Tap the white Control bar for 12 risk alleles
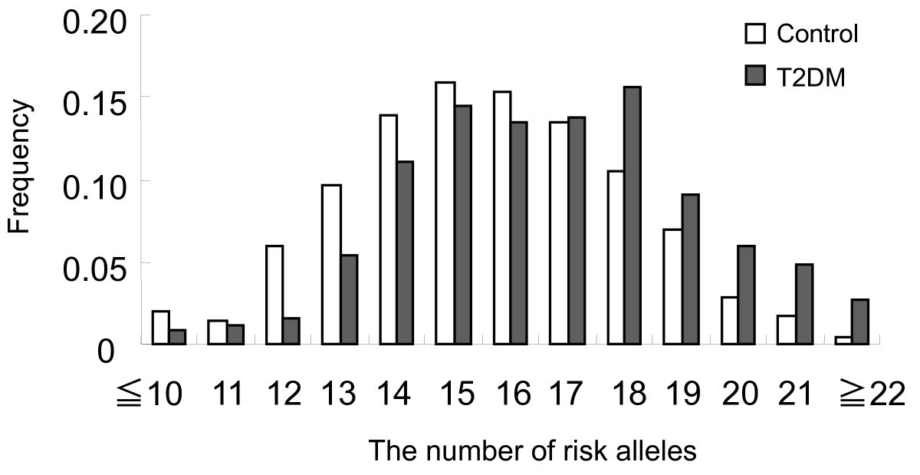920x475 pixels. pos(274,295)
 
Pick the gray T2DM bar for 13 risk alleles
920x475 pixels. pos(349,300)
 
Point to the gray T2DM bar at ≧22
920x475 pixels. pos(860,322)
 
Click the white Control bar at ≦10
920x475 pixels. pos(161,328)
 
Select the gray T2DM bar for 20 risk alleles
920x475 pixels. pos(747,295)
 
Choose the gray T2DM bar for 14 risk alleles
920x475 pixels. pos(406,253)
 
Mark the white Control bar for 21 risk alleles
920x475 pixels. pos(787,330)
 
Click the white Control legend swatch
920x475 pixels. pos(753,34)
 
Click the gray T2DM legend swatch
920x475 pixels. pos(753,76)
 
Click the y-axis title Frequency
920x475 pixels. pos(21,167)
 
